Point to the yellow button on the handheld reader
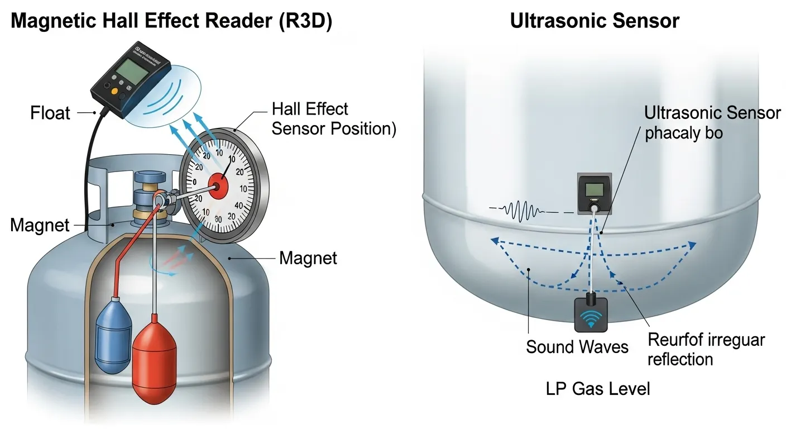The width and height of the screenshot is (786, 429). [114, 90]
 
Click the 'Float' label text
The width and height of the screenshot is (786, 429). [50, 113]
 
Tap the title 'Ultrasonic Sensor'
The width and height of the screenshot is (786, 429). [595, 21]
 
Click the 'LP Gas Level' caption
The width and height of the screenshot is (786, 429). [598, 388]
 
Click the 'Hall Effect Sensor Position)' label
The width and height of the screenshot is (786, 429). [333, 118]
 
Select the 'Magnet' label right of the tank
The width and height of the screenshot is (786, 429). [308, 258]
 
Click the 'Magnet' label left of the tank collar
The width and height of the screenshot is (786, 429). [40, 226]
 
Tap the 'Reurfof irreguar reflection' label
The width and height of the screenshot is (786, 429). [706, 349]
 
